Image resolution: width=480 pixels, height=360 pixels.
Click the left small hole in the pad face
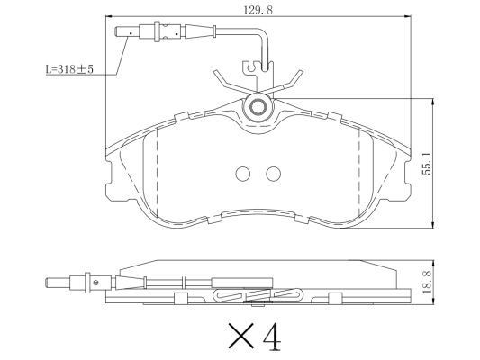pyautogui.click(x=242, y=175)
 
